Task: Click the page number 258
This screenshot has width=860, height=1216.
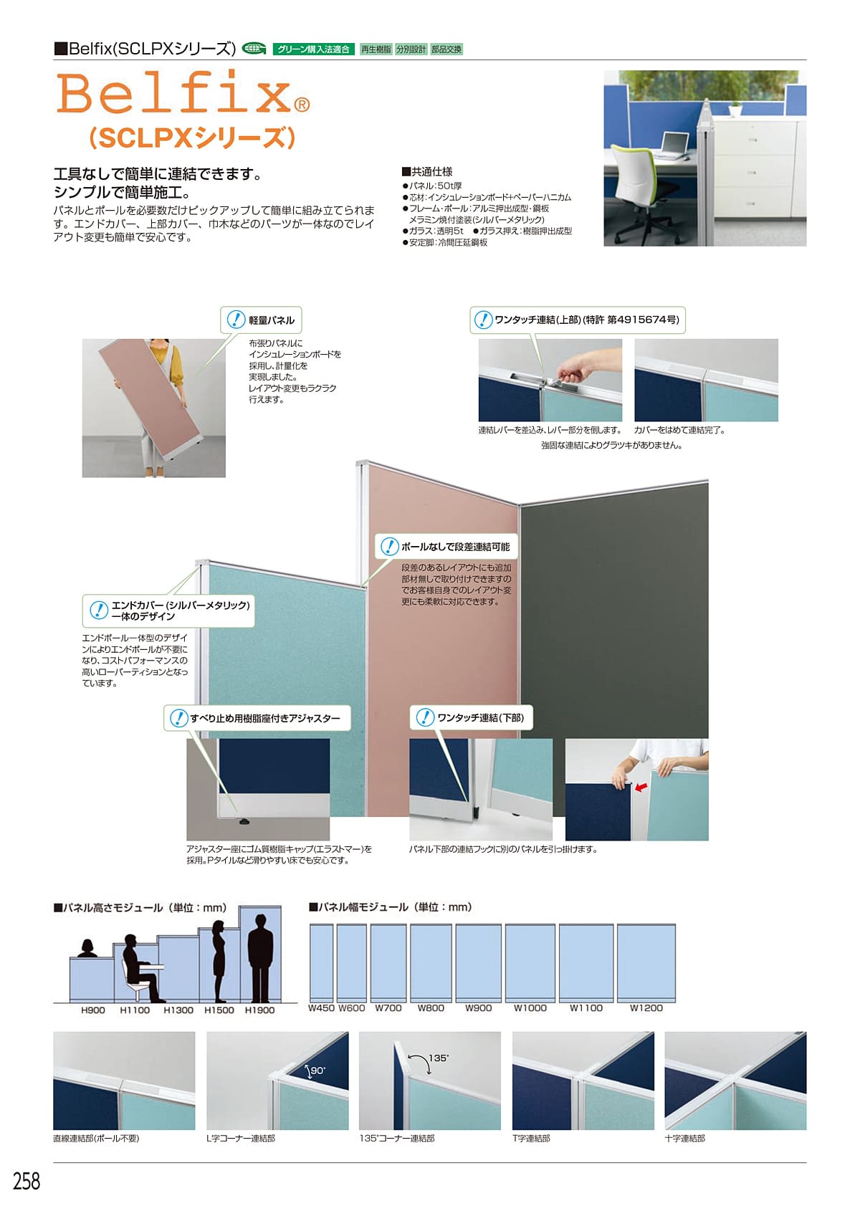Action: click(x=27, y=1181)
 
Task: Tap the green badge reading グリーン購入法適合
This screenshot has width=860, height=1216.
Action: click(x=313, y=49)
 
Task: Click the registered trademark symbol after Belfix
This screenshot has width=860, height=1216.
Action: click(x=302, y=104)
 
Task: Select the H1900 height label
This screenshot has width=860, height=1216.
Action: click(x=259, y=1010)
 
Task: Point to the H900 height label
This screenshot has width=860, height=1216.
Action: click(x=93, y=1010)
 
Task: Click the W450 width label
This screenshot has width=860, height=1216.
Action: click(x=321, y=1007)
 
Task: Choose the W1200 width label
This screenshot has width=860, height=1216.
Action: click(x=646, y=1007)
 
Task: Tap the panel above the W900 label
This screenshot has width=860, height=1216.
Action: click(x=478, y=962)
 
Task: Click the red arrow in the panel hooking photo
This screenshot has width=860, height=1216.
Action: click(x=641, y=787)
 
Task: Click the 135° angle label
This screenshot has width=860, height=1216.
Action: click(x=439, y=1058)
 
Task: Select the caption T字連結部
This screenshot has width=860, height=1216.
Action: click(x=531, y=1138)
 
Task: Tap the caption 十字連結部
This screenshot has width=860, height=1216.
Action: click(x=684, y=1138)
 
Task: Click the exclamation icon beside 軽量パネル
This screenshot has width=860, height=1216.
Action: click(x=236, y=319)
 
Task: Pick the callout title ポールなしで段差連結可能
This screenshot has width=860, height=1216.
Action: click(x=456, y=546)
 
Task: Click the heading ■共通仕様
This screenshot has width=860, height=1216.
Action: click(x=426, y=171)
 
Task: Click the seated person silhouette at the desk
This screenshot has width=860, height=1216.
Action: click(x=140, y=968)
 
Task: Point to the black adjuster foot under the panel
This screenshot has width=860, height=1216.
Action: click(x=243, y=822)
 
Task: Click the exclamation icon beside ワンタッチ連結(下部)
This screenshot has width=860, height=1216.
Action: click(x=424, y=717)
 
